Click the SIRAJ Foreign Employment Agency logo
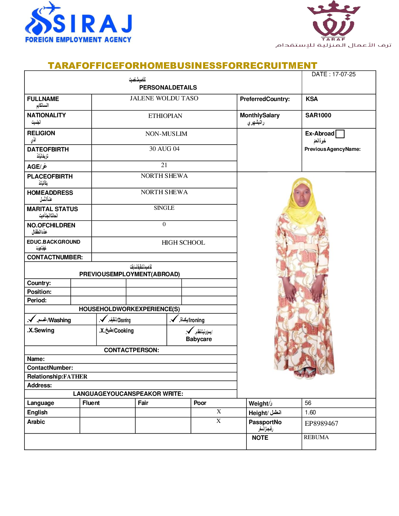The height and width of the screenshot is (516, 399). point(78,23)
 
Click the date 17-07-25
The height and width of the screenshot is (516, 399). point(344,74)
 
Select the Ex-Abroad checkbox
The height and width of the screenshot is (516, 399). point(340,134)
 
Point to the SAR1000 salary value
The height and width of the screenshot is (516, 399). point(318,115)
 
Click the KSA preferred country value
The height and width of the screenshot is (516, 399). point(312,99)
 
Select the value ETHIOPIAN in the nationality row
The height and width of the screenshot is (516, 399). point(165,116)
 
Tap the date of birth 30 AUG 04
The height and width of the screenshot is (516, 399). point(164,149)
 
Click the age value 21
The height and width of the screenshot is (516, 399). point(164,165)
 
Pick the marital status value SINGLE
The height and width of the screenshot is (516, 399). point(164,208)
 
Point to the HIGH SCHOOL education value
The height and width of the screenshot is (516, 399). point(183,243)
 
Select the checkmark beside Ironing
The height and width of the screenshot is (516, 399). point(174,319)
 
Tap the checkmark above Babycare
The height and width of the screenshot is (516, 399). point(190,330)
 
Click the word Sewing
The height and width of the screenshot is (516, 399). point(44,330)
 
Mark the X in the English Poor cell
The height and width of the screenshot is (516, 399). point(219,412)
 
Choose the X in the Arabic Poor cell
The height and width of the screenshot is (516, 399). point(218,421)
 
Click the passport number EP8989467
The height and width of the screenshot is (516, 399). point(321,423)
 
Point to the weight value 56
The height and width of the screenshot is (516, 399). point(308,403)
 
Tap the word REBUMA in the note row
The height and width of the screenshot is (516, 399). point(316,437)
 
